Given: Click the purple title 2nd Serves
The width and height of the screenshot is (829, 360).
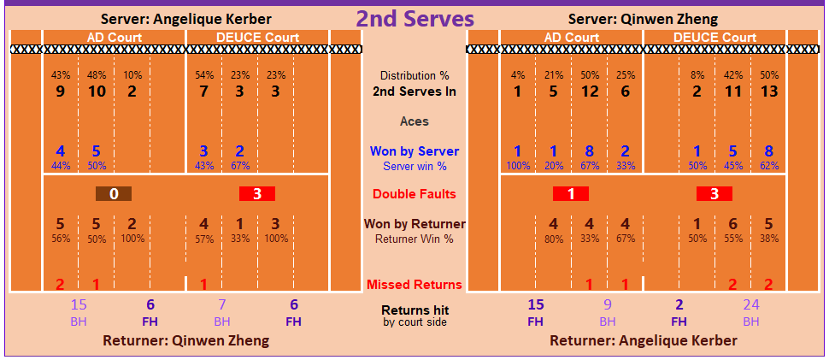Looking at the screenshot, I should pos(414,19).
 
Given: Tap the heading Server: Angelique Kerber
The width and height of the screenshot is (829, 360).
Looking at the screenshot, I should pos(185,19).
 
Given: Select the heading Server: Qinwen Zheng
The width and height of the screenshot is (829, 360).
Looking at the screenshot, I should pos(643,19).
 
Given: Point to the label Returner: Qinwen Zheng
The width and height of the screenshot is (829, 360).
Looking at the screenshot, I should pos(185,340).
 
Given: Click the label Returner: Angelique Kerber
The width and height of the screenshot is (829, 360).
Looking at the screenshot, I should pos(643,340).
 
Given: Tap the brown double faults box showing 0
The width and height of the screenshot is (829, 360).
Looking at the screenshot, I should pos(114,194).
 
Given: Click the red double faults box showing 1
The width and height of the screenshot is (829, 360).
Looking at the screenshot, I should pos(571,194).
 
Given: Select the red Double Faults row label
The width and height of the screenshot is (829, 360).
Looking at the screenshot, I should pos(414,194).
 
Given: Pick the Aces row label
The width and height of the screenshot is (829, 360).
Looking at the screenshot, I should pos(414,121).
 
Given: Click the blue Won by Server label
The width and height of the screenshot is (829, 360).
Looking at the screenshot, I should pos(414,151).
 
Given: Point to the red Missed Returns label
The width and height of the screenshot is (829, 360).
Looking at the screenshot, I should pos(414,285).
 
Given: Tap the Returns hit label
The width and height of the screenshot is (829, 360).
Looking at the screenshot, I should pos(414,310).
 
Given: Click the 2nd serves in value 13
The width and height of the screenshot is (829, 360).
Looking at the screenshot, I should pos(769,91).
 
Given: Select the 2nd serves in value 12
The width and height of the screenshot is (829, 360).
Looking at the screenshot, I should pos(590,91).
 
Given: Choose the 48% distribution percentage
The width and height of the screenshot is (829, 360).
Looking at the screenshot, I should pos(97,75).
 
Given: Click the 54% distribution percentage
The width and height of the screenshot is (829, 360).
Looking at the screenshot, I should pos(204,75).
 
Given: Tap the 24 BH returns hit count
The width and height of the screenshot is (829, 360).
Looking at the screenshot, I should pos(751,304).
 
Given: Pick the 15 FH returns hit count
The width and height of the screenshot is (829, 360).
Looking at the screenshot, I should pos(536,304).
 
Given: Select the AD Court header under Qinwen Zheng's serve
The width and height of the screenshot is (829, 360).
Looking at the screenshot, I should pos(571,38).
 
